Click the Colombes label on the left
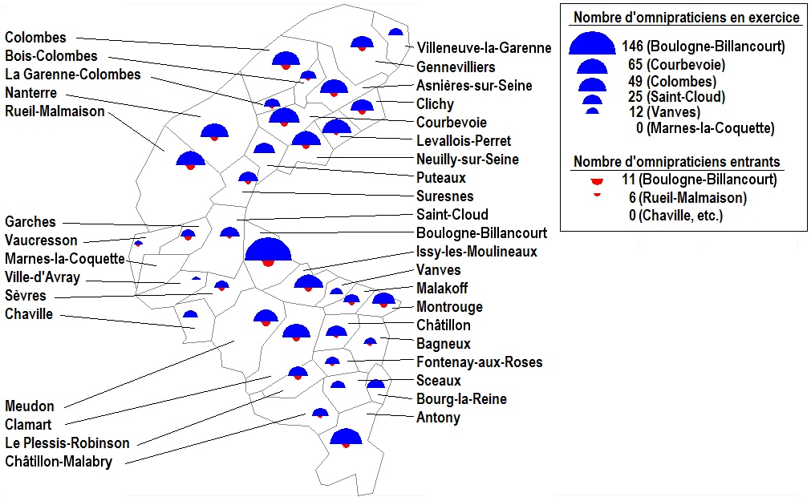pos(36,38)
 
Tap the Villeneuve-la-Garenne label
pos(485,48)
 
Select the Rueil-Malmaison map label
pos(55,111)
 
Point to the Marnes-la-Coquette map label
pos(65,259)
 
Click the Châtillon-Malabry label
pos(59,462)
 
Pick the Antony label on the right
pos(438,418)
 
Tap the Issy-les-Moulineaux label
pos(476,252)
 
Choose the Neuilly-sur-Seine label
pos(467,160)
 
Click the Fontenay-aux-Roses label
pos(479,362)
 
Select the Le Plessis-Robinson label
pos(67,443)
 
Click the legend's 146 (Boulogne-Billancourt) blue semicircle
pos(592,44)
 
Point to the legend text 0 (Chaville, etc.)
pos(675,215)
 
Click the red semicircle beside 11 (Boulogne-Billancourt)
pos(594,181)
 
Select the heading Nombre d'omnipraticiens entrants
pos(676,162)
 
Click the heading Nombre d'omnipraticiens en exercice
pos(685,18)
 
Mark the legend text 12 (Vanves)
pos(665,112)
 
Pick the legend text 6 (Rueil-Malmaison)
pos(688,197)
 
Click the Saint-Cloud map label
pos(452,215)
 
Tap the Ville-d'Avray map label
pos(43,277)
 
